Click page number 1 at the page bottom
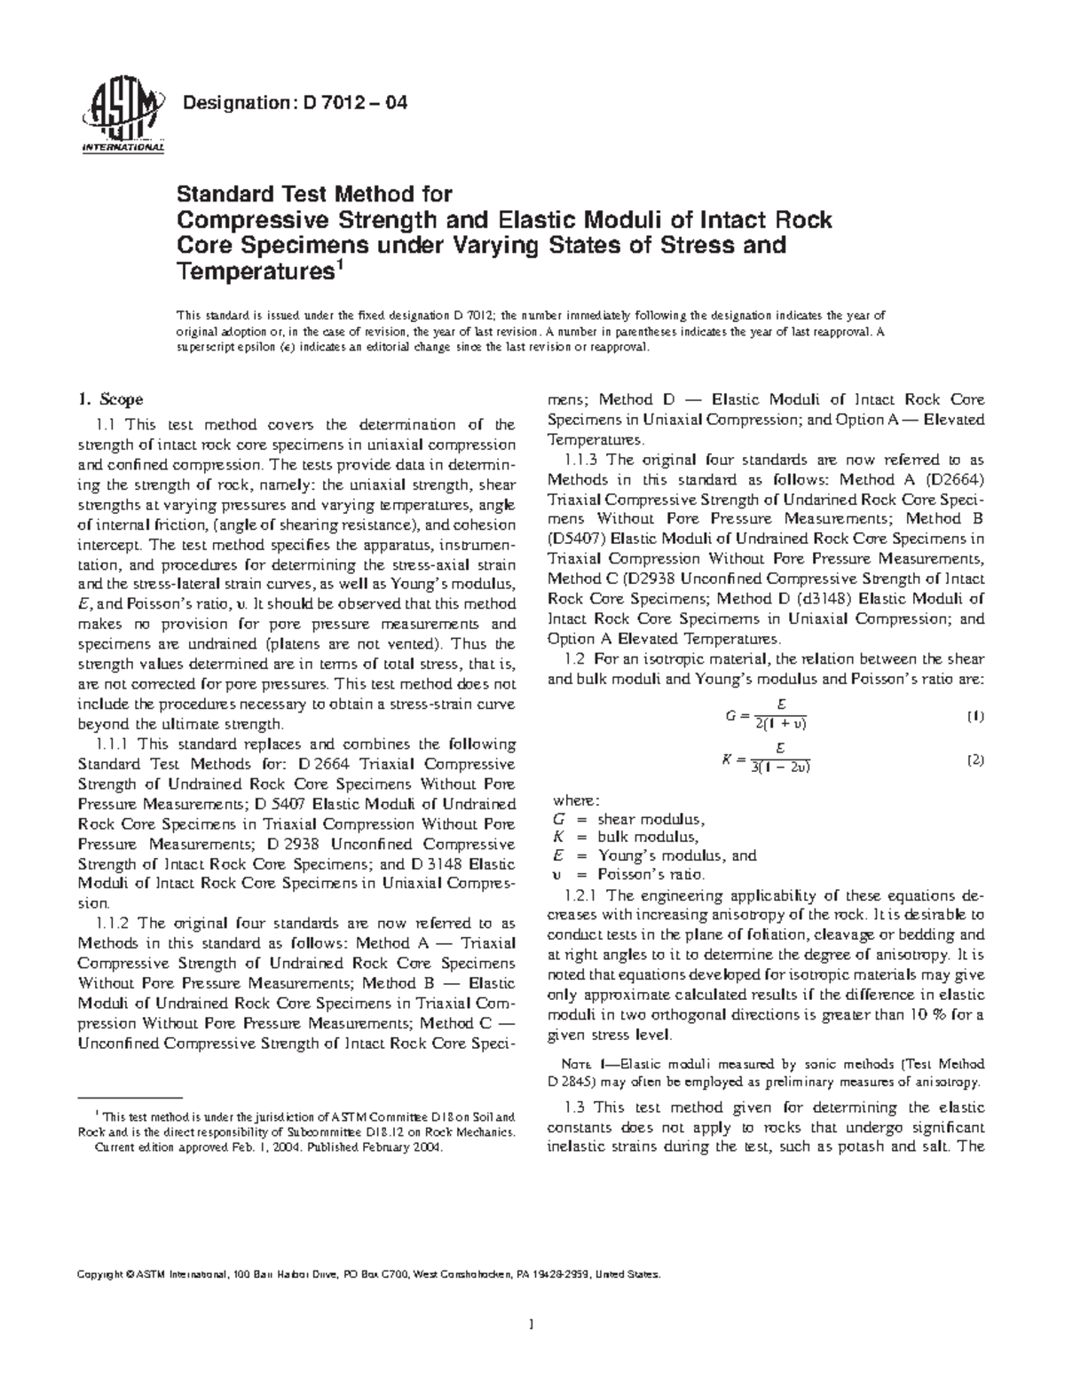[x=531, y=1326]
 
